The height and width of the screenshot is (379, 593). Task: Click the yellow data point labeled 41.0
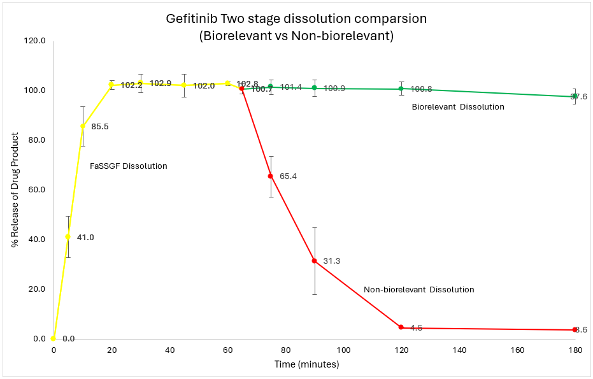pos(68,237)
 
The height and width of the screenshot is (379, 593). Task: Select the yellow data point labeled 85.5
pos(83,126)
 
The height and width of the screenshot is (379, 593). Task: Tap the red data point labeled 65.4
pos(271,176)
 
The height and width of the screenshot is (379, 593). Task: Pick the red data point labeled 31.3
pos(315,261)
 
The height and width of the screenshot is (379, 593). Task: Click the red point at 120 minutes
pos(401,327)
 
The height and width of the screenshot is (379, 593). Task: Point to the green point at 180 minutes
pos(575,96)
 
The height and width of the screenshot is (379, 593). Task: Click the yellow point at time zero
pos(54,338)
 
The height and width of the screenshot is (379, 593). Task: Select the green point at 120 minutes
pos(401,89)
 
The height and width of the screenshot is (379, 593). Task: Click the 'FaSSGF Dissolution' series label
pos(129,166)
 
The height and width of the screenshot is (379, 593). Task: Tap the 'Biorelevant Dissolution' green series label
pos(458,107)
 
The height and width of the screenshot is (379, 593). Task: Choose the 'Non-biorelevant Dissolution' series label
pos(419,290)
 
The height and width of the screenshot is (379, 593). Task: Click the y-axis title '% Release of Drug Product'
pos(15,189)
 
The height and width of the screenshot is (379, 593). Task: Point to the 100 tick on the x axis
pos(343,350)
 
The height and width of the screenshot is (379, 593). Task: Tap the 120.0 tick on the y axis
pos(36,41)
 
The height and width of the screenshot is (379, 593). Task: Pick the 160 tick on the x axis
pos(517,350)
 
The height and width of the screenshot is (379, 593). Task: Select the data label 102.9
pos(161,83)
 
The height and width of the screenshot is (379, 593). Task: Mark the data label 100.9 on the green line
pos(334,89)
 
